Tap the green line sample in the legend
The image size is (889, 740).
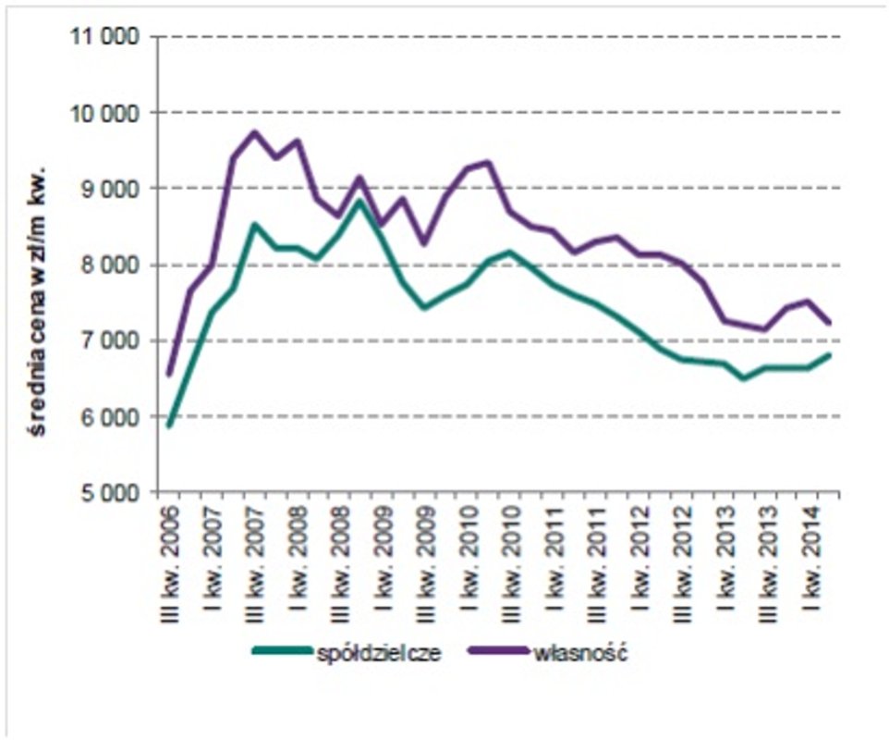[282, 652]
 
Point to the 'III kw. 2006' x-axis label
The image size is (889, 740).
[170, 555]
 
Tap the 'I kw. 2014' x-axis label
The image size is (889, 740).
[810, 555]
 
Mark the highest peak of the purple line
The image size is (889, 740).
[255, 131]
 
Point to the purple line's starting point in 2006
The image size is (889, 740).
[169, 375]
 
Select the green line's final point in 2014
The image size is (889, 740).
[831, 354]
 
